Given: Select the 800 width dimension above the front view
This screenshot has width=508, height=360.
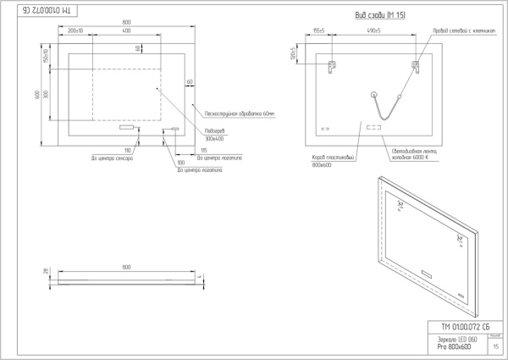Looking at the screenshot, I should (126, 21).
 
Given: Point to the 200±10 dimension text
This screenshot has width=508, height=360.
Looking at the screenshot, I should (75, 31).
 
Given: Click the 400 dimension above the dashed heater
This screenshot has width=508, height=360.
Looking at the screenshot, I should (126, 31).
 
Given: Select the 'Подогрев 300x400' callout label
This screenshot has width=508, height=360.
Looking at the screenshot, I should (215, 135).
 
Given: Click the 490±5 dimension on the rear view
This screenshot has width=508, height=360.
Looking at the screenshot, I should (373, 31).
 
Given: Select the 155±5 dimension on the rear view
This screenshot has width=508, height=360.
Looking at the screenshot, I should (318, 31).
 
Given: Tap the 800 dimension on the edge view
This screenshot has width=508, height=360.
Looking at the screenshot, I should (126, 267).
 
